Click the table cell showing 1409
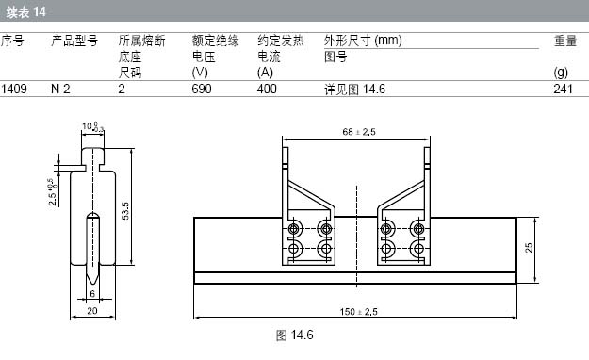[14, 90]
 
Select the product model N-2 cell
[60, 90]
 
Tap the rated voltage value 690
[202, 90]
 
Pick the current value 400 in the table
[267, 90]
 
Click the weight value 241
[563, 90]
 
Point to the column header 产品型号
[74, 41]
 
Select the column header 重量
[565, 41]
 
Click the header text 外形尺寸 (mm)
[363, 41]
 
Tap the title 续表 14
[25, 12]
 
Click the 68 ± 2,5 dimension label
[359, 132]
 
